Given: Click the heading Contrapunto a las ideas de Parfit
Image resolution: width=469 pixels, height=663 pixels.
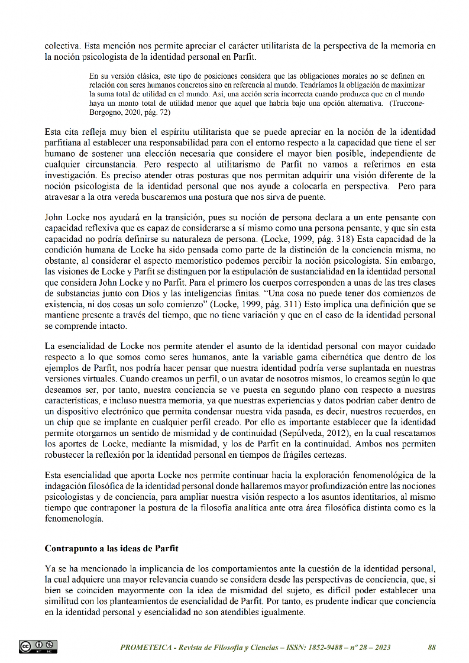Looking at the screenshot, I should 112,548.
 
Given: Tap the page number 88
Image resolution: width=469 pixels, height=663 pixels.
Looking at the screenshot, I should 432,647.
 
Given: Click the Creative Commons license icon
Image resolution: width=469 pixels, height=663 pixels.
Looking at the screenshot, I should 38,646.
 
